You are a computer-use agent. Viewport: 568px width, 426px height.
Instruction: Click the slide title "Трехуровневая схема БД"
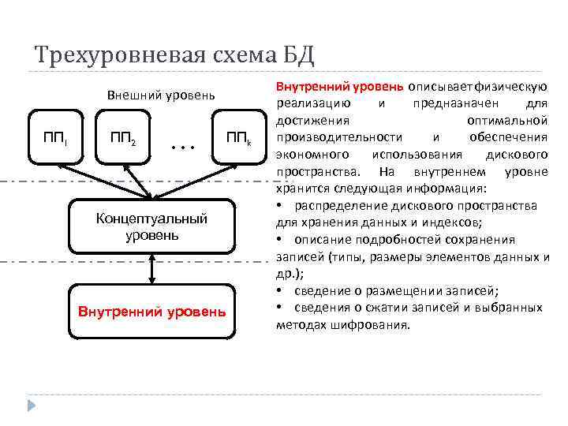(x=175, y=55)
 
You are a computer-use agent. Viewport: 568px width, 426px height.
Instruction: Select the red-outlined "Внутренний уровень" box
(x=151, y=311)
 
